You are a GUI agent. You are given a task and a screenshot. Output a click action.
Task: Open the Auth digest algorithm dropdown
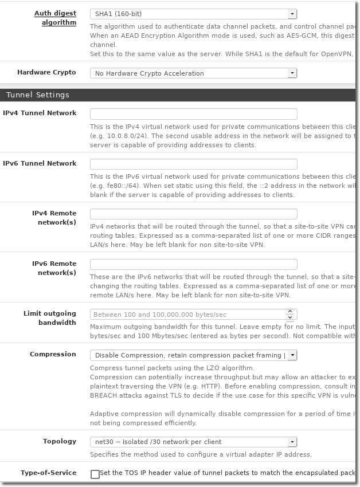[193, 14]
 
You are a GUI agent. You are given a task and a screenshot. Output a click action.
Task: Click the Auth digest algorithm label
[55, 18]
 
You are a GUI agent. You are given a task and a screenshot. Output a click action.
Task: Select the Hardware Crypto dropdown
[193, 73]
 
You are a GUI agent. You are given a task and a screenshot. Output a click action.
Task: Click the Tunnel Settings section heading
[38, 95]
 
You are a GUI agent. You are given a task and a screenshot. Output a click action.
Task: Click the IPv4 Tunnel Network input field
[193, 113]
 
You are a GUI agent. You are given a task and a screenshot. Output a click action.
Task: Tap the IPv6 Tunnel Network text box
[193, 164]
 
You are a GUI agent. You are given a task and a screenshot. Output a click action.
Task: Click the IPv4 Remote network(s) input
[193, 214]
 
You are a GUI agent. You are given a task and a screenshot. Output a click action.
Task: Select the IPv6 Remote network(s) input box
[193, 264]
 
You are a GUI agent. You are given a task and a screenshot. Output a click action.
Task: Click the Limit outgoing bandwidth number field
[187, 315]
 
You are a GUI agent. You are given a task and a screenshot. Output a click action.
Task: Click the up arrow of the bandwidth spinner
[290, 312]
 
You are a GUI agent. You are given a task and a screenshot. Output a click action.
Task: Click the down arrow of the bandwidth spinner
[290, 317]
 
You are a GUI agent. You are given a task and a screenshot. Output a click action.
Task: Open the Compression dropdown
[193, 355]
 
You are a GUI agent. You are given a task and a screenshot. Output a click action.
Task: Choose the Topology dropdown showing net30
[193, 442]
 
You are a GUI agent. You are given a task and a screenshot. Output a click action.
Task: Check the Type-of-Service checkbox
[95, 474]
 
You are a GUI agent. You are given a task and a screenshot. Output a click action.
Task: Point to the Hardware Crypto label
[46, 73]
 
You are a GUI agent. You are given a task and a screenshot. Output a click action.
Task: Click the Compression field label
[53, 354]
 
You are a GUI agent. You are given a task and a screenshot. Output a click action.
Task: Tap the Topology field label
[59, 441]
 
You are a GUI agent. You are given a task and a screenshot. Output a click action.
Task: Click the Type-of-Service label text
[48, 473]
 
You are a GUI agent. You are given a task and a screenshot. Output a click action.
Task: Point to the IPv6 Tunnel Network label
[40, 163]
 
